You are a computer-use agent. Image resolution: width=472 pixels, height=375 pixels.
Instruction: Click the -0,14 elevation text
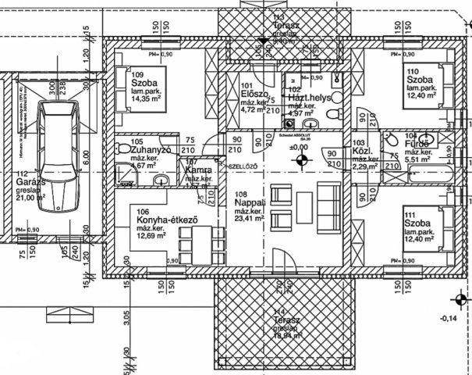[x=449, y=318]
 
